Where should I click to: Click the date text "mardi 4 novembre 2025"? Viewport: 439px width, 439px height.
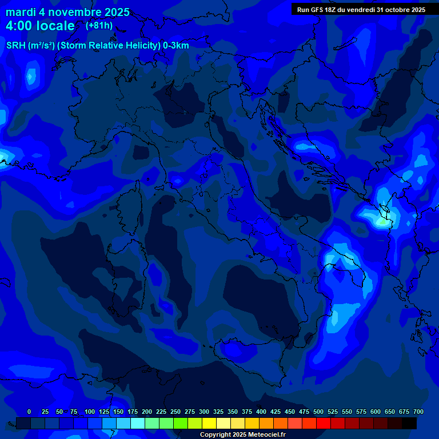67,12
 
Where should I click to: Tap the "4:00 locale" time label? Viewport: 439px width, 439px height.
40,26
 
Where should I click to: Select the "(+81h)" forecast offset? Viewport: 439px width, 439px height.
99,26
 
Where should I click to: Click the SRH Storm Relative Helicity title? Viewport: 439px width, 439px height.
97,46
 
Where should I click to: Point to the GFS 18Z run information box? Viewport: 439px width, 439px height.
361,9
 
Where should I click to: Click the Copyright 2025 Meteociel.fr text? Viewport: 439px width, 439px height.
243,434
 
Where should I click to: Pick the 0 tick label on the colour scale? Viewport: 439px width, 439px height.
29,412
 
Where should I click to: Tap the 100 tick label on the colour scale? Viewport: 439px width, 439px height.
90,412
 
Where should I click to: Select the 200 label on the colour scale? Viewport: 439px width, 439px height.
147,412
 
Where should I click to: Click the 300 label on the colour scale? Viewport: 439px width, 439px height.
204,412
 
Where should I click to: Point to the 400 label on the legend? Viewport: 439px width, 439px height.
261,412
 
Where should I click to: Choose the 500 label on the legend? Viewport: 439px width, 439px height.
318,412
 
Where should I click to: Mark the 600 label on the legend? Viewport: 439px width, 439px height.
376,412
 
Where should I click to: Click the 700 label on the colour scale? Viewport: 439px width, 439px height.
418,412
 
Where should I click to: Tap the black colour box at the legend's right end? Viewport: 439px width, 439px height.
409,423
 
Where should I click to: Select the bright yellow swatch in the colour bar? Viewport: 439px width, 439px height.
209,423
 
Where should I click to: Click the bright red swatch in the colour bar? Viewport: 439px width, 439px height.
324,423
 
